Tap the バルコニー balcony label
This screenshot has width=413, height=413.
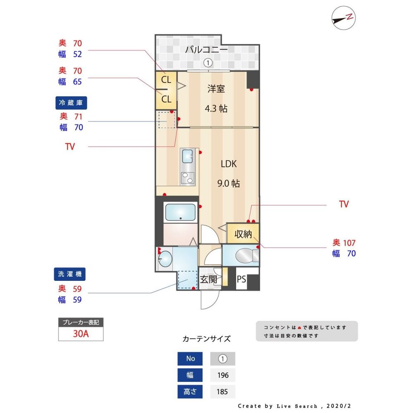pyautogui.click(x=206, y=50)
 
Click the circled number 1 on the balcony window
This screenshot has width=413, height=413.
pyautogui.click(x=208, y=63)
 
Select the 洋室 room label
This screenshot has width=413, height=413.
pyautogui.click(x=216, y=89)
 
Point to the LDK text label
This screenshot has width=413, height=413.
pyautogui.click(x=228, y=164)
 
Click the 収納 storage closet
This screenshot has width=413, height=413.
pyautogui.click(x=243, y=234)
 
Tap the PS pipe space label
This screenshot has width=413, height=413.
pyautogui.click(x=242, y=279)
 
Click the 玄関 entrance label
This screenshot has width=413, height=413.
pyautogui.click(x=209, y=279)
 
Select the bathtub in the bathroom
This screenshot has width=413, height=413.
pyautogui.click(x=180, y=213)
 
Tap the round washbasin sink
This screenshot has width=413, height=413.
pyautogui.click(x=165, y=259)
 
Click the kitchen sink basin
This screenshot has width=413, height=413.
pyautogui.click(x=187, y=156)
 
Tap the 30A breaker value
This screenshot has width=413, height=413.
pyautogui.click(x=81, y=334)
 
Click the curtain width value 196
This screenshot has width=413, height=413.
pyautogui.click(x=222, y=375)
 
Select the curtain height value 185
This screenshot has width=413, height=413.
pyautogui.click(x=222, y=392)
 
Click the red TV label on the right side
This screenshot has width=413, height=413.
pyautogui.click(x=344, y=204)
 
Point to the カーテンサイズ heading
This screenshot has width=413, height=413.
pyautogui.click(x=206, y=339)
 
